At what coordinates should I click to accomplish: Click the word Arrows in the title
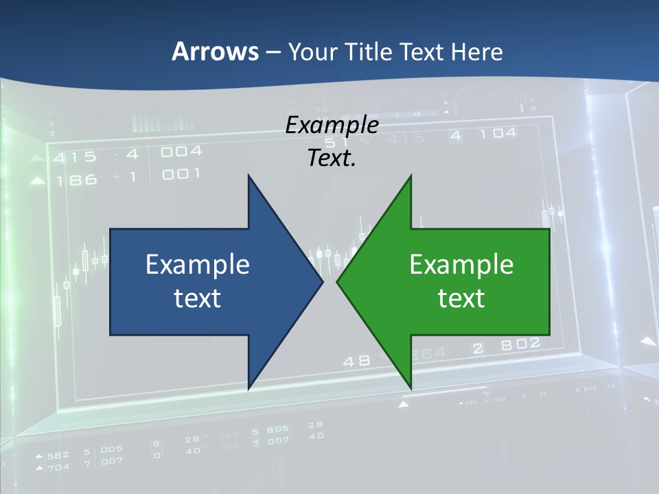(x=215, y=52)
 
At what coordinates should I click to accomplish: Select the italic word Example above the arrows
(x=332, y=126)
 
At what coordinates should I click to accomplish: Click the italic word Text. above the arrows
(x=332, y=158)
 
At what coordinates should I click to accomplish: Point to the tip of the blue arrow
(x=322, y=281)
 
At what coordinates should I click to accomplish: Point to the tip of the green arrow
(x=337, y=281)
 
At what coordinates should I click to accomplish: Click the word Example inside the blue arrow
(x=198, y=264)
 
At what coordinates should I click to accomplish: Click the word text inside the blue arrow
(x=198, y=298)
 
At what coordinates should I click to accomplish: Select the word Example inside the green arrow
(x=461, y=264)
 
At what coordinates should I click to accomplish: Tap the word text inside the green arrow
(x=461, y=298)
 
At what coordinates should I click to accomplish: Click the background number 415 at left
(x=75, y=157)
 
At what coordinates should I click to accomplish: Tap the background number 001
(x=181, y=174)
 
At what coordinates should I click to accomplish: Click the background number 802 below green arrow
(x=520, y=345)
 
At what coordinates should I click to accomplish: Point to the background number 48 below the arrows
(x=356, y=360)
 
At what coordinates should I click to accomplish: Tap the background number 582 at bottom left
(x=58, y=455)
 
